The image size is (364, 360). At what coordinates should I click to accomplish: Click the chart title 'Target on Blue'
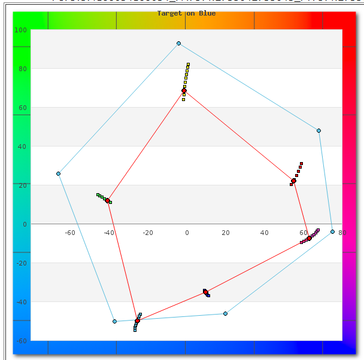coord(186,13)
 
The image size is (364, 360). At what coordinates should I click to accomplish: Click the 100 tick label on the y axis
coord(20,30)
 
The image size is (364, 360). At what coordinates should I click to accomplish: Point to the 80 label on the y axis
coord(22,69)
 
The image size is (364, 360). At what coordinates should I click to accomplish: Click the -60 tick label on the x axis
coord(70,233)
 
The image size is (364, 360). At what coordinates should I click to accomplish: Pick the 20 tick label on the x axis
coord(226,233)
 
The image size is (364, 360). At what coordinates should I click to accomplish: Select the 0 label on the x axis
coord(187,233)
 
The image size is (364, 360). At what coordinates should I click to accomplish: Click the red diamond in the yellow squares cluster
coord(184,91)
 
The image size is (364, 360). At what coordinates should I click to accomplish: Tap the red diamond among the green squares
coord(108,200)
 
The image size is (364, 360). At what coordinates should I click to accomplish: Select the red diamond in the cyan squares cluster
coord(138,321)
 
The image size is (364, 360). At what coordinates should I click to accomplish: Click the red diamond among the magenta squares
coord(309,239)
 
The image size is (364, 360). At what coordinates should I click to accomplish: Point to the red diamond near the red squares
coord(294,181)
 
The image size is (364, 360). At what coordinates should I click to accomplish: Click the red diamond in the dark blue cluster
coord(205,292)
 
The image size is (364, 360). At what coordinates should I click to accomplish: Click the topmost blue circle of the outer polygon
coord(178,44)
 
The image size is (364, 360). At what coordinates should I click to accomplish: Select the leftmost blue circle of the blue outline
coord(58,174)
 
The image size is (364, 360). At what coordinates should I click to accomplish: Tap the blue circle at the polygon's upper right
coord(318,130)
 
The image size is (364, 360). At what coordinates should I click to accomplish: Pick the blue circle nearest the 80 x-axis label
coord(332,231)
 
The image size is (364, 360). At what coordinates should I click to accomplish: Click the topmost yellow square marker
coord(188,65)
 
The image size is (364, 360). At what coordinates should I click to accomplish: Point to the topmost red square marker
coord(302,163)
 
